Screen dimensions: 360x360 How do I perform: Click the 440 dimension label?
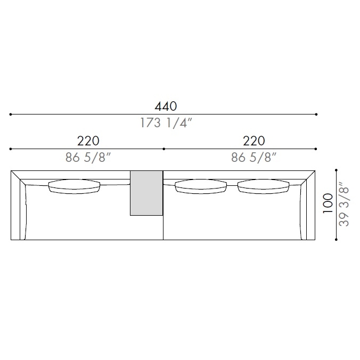[166, 107]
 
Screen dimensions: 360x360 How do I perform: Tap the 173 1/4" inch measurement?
[166, 123]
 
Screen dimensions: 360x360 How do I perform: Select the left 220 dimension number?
[88, 141]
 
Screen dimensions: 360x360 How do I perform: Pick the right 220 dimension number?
[254, 141]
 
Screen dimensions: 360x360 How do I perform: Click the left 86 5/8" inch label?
[88, 158]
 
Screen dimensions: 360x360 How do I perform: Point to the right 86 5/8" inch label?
[253, 158]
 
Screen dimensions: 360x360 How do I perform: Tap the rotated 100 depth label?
[328, 203]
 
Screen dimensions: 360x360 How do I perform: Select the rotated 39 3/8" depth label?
[343, 204]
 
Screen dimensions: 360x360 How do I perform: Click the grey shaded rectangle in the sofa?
[146, 193]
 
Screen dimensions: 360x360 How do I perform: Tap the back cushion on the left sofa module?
[74, 186]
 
